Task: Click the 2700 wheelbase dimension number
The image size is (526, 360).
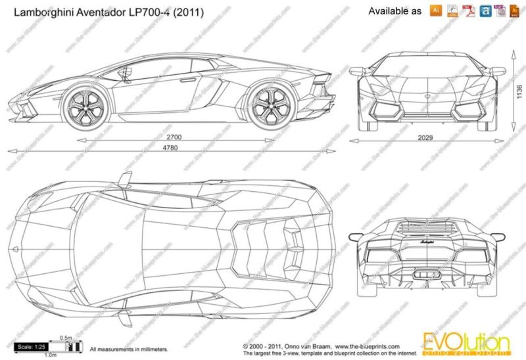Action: [x=174, y=137]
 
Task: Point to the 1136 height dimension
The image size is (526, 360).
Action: [x=518, y=92]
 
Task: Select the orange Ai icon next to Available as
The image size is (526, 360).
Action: [x=435, y=11]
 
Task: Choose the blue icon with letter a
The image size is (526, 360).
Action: [x=485, y=11]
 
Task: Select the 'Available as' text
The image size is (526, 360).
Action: [x=395, y=11]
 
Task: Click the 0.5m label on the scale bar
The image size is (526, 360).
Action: [x=66, y=338]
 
